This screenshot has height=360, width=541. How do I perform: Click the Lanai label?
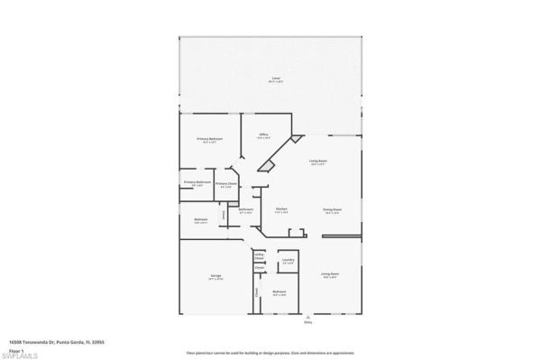coord(275,79)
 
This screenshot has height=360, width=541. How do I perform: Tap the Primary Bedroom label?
coord(209,139)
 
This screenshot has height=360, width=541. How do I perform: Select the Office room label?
coord(265,135)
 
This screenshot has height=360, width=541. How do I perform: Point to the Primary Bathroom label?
coord(197,182)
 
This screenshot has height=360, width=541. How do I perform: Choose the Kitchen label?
coord(280,208)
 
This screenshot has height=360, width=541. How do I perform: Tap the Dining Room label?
coord(332,208)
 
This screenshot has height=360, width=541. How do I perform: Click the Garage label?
coord(216,274)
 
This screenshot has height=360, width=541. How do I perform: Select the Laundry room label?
coord(288,262)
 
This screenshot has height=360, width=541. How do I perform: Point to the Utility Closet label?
coord(259,256)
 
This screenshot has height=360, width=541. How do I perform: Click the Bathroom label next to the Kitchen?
coord(245,209)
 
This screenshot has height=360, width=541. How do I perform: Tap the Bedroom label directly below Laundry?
coord(280,291)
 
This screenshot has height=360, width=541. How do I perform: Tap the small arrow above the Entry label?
coord(308,317)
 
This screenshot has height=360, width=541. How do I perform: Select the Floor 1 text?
coord(17,349)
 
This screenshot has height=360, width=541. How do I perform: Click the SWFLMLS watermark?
coord(19,355)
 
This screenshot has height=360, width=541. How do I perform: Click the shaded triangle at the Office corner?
coord(268,168)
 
